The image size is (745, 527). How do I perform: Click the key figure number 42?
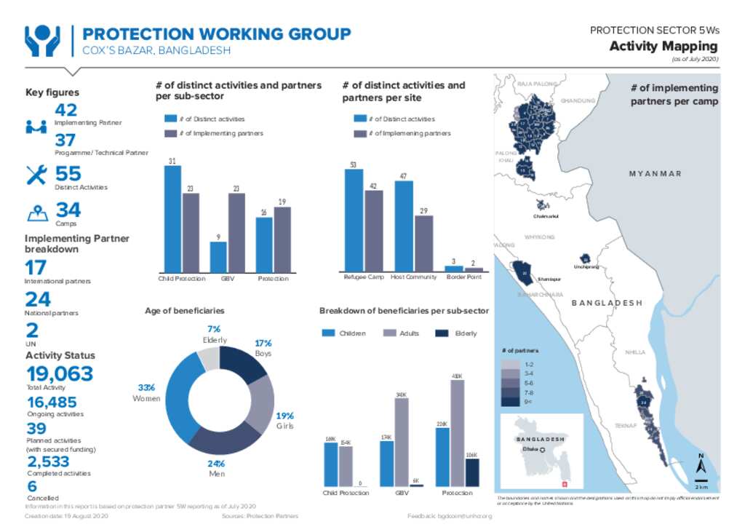(65, 110)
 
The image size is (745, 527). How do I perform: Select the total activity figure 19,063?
(60, 374)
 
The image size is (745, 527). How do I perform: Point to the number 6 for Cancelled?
(31, 486)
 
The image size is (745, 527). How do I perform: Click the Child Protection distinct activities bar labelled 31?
(172, 218)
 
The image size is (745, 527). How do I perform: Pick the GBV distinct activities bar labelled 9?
(218, 256)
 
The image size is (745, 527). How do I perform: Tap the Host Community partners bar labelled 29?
(423, 243)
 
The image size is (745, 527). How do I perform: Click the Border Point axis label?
(463, 277)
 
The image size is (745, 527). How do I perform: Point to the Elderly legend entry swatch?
(441, 333)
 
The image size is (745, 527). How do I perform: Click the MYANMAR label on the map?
(655, 173)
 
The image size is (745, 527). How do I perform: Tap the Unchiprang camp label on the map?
(586, 267)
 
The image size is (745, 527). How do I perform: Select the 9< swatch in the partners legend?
(510, 401)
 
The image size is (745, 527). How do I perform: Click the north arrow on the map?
(701, 464)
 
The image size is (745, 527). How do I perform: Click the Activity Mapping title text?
(663, 47)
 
